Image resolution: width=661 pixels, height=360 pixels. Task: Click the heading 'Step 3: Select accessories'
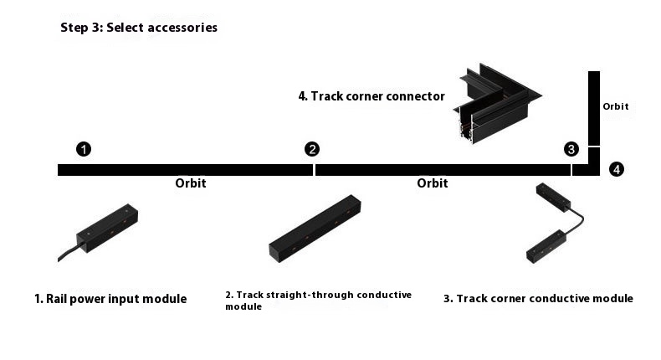tap(138, 28)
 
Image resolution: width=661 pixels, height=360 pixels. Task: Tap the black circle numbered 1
tap(84, 149)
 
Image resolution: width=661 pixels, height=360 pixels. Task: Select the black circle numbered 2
tap(312, 149)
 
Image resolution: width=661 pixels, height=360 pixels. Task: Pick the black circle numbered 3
tap(571, 149)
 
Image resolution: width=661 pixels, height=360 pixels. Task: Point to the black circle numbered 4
tap(617, 169)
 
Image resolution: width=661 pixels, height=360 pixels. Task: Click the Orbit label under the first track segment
tap(191, 183)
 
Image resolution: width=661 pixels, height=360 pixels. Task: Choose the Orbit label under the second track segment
tap(433, 183)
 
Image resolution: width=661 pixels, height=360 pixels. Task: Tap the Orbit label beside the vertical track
tap(615, 107)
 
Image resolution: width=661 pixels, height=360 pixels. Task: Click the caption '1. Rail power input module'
tap(110, 299)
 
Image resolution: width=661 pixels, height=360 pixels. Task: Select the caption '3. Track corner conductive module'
tap(538, 299)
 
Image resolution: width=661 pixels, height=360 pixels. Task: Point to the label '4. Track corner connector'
tap(371, 96)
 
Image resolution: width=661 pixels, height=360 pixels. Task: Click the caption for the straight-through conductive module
tap(318, 301)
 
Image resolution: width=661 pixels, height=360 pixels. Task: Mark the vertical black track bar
tap(594, 109)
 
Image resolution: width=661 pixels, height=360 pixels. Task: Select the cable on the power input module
tap(67, 252)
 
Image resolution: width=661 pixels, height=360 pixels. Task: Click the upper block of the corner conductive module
tap(554, 196)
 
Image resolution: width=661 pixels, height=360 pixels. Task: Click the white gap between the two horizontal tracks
tap(314, 170)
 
